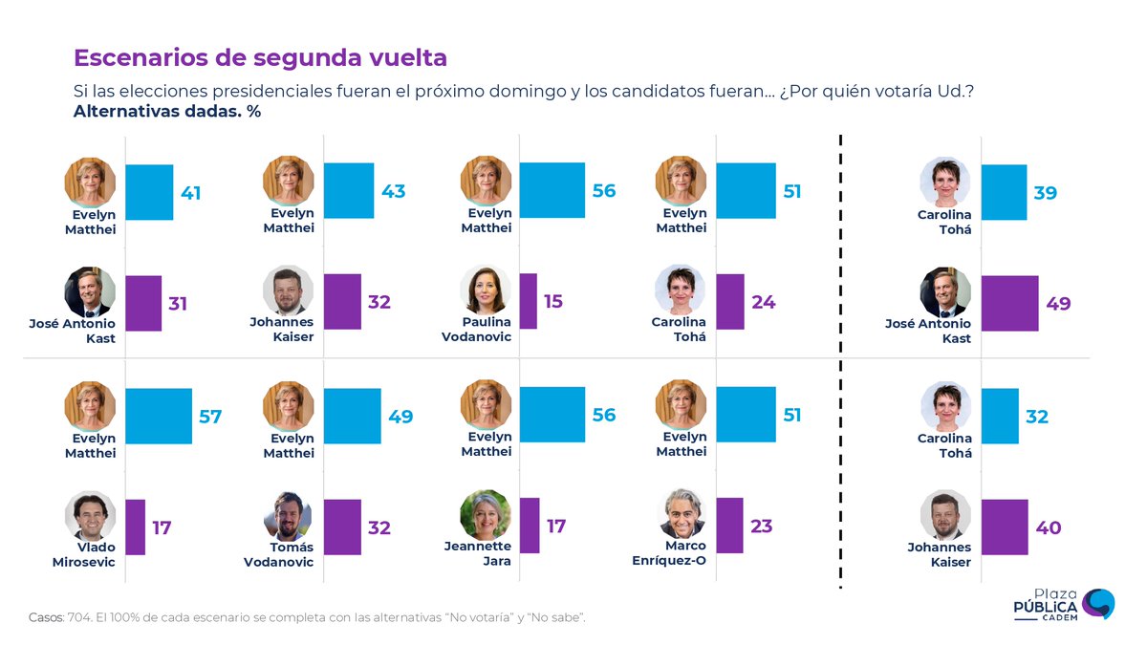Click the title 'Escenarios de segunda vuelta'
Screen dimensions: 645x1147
pos(260,57)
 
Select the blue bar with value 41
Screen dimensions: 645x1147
pos(149,192)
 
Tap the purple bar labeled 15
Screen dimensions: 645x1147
pos(528,301)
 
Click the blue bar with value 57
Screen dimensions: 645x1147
pos(159,416)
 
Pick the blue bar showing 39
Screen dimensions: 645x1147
pos(1004,192)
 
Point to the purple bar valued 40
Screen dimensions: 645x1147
pos(1005,527)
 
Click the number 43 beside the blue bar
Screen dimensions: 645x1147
pos(393,191)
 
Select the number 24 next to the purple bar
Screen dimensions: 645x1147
pos(763,302)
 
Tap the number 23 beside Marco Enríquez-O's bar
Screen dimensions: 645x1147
pos(761,526)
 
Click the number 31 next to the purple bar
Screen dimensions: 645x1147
pos(178,304)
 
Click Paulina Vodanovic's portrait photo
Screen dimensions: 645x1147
pos(485,290)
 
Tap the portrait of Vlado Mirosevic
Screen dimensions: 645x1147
pos(90,516)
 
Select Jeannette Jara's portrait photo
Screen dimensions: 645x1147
pos(485,515)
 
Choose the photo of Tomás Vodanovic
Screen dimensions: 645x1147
pos(288,516)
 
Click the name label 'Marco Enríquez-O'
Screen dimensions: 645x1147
pos(669,553)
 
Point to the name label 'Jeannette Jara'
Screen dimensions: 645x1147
pos(478,553)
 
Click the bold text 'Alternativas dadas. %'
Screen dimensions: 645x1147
pos(167,112)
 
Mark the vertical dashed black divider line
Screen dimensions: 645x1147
pos(840,363)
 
